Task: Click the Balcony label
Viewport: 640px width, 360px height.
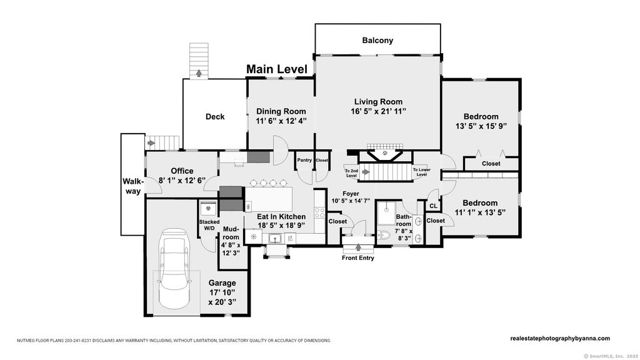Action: point(377,41)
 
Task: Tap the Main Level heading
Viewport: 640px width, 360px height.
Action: point(277,69)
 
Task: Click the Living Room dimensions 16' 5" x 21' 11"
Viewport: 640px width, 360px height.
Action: point(378,111)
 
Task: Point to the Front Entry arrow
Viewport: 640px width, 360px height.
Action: point(358,247)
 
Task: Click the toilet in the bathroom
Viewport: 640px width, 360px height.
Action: point(383,236)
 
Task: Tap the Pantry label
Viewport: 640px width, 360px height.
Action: point(304,160)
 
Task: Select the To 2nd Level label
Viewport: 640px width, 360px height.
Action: point(351,173)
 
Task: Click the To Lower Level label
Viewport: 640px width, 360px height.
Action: point(422,172)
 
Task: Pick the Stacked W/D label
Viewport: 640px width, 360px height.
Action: point(209,225)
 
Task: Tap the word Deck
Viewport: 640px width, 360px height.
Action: point(215,117)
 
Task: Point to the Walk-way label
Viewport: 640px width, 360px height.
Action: point(133,186)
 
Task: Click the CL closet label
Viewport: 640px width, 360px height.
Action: point(434,206)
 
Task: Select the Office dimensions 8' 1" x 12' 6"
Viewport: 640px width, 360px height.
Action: point(182,180)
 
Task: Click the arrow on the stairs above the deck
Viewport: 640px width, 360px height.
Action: point(199,72)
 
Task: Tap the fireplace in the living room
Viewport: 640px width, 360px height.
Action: point(384,154)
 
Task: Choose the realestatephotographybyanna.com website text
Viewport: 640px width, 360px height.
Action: point(560,338)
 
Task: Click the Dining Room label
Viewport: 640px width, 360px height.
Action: point(281,111)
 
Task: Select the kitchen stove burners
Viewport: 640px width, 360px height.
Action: point(319,212)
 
